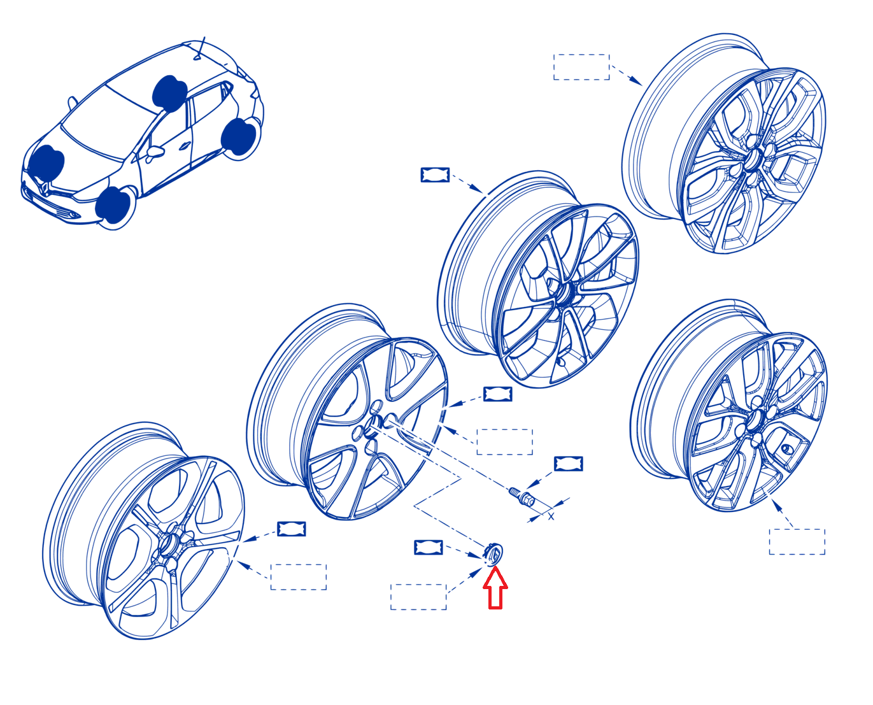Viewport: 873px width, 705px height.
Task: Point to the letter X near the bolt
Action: pyautogui.click(x=551, y=516)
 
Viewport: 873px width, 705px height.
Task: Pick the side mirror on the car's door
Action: pyautogui.click(x=155, y=152)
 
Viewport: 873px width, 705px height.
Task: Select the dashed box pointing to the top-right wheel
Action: pyautogui.click(x=581, y=67)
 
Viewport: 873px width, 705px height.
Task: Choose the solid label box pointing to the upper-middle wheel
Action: pyautogui.click(x=435, y=174)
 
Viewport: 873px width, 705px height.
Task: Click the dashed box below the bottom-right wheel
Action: pyautogui.click(x=797, y=542)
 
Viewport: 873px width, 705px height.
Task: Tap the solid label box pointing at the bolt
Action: pyautogui.click(x=568, y=464)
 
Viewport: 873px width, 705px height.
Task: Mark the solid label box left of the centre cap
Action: pyautogui.click(x=429, y=547)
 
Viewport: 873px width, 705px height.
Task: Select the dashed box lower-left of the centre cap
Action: pyautogui.click(x=418, y=597)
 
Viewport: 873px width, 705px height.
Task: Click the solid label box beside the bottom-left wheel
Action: pyautogui.click(x=292, y=529)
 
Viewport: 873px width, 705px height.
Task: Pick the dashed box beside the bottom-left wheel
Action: pyautogui.click(x=299, y=577)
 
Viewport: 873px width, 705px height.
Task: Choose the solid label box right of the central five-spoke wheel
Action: pyautogui.click(x=497, y=394)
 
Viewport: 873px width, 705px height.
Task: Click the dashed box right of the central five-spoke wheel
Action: pyautogui.click(x=504, y=442)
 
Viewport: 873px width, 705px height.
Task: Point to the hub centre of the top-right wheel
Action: pyautogui.click(x=753, y=159)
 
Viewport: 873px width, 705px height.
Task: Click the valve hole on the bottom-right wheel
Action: pyautogui.click(x=786, y=448)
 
